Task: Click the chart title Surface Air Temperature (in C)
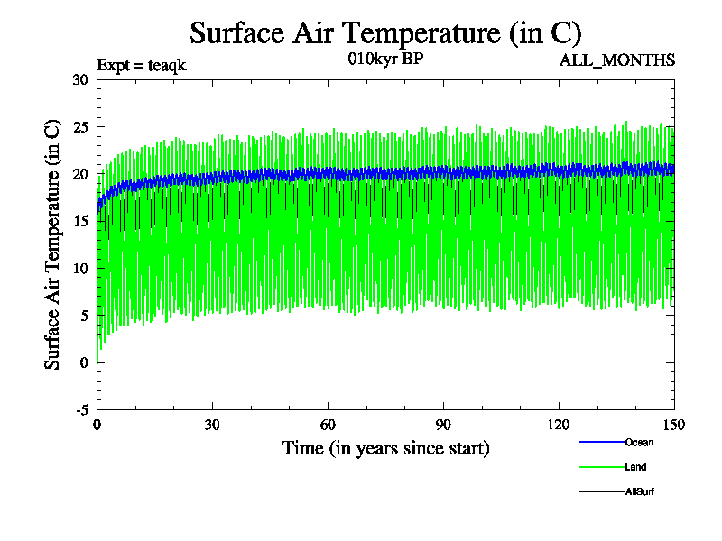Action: [x=385, y=33]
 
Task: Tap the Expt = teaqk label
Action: [x=142, y=65]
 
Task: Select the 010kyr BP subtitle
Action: [x=384, y=60]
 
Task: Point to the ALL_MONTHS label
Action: [x=617, y=60]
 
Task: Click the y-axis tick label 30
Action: [x=80, y=79]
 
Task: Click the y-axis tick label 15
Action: [x=80, y=221]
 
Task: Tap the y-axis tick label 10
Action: [x=80, y=268]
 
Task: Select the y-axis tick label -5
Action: [x=80, y=409]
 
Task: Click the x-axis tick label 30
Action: [x=213, y=426]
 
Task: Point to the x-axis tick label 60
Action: [x=329, y=426]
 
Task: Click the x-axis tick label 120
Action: [x=559, y=426]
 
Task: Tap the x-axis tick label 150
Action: [x=674, y=426]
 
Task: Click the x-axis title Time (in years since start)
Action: [x=385, y=448]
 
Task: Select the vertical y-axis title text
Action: [x=53, y=244]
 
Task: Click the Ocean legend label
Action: [x=639, y=442]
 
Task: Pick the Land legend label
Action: [x=635, y=467]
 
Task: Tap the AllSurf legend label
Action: [x=638, y=491]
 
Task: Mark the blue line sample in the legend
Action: [x=601, y=442]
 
